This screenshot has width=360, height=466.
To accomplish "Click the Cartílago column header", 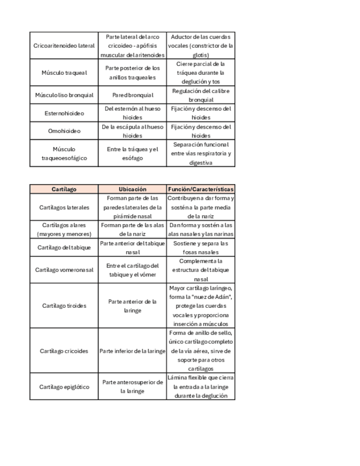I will click(64, 189).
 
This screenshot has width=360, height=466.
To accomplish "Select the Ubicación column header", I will click(132, 189).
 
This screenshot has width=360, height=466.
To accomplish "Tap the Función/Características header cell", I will click(200, 189).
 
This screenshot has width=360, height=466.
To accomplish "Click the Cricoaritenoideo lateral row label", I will click(64, 46).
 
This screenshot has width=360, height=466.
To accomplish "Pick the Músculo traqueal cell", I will click(64, 73).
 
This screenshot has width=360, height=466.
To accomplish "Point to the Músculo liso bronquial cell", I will click(64, 95).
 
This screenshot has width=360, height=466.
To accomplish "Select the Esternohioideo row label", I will click(64, 113).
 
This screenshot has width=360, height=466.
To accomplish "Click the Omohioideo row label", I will click(64, 131).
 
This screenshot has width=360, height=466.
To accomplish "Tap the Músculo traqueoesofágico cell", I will click(64, 153).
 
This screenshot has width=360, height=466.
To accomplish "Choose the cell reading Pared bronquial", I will click(132, 95).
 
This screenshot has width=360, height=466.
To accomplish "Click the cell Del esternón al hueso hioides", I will click(132, 113).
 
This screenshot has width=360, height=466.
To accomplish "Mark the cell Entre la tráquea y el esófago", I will click(132, 153).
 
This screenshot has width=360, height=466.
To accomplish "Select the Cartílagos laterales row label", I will click(64, 207).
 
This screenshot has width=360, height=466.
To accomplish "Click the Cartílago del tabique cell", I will click(64, 247).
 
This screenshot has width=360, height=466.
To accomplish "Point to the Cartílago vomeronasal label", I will click(64, 270).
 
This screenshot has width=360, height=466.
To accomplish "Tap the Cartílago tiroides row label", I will click(64, 306).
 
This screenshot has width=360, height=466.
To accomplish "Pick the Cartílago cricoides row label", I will click(64, 351).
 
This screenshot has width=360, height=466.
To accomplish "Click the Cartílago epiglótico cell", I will click(64, 386).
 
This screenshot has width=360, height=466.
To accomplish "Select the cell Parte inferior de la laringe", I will click(132, 351).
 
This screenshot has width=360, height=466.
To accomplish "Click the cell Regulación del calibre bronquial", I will click(200, 95).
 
